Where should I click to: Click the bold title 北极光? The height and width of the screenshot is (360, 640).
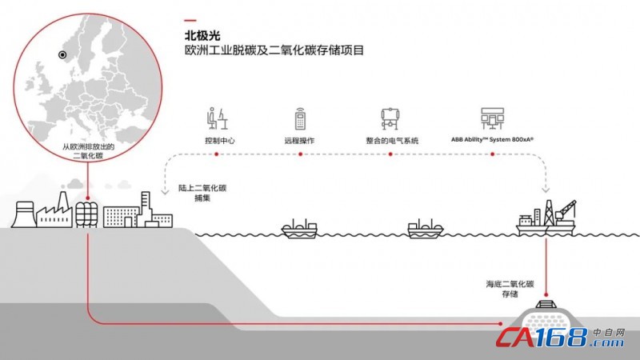[x=202, y=36]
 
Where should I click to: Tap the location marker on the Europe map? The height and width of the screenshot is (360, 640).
[x=62, y=54]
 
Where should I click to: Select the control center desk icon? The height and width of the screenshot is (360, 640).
[x=217, y=118]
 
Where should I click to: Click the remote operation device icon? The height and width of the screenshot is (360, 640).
[x=300, y=118]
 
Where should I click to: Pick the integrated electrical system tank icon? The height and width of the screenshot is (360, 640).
[x=390, y=118]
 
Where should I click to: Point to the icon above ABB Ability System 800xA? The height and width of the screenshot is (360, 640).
[x=492, y=118]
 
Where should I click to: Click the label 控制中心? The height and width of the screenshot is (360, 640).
[x=219, y=141]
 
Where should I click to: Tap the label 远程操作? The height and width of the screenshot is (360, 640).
[x=299, y=141]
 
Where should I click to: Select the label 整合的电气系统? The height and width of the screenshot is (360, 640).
[x=392, y=141]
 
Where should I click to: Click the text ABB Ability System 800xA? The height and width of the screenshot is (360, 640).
[x=492, y=139]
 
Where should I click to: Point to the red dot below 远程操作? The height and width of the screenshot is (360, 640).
[x=301, y=154]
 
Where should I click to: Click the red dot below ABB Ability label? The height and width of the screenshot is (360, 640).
[x=493, y=154]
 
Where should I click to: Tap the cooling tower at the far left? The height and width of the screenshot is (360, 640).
[x=23, y=214]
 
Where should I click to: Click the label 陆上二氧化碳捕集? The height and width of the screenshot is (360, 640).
[x=202, y=193]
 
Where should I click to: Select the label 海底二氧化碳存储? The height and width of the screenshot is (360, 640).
[x=510, y=289]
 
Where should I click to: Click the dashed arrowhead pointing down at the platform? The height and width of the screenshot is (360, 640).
[x=546, y=190]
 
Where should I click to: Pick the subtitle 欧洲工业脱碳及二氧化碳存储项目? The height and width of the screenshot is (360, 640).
[x=274, y=50]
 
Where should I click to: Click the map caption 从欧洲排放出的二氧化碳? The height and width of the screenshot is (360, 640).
[x=88, y=151]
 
